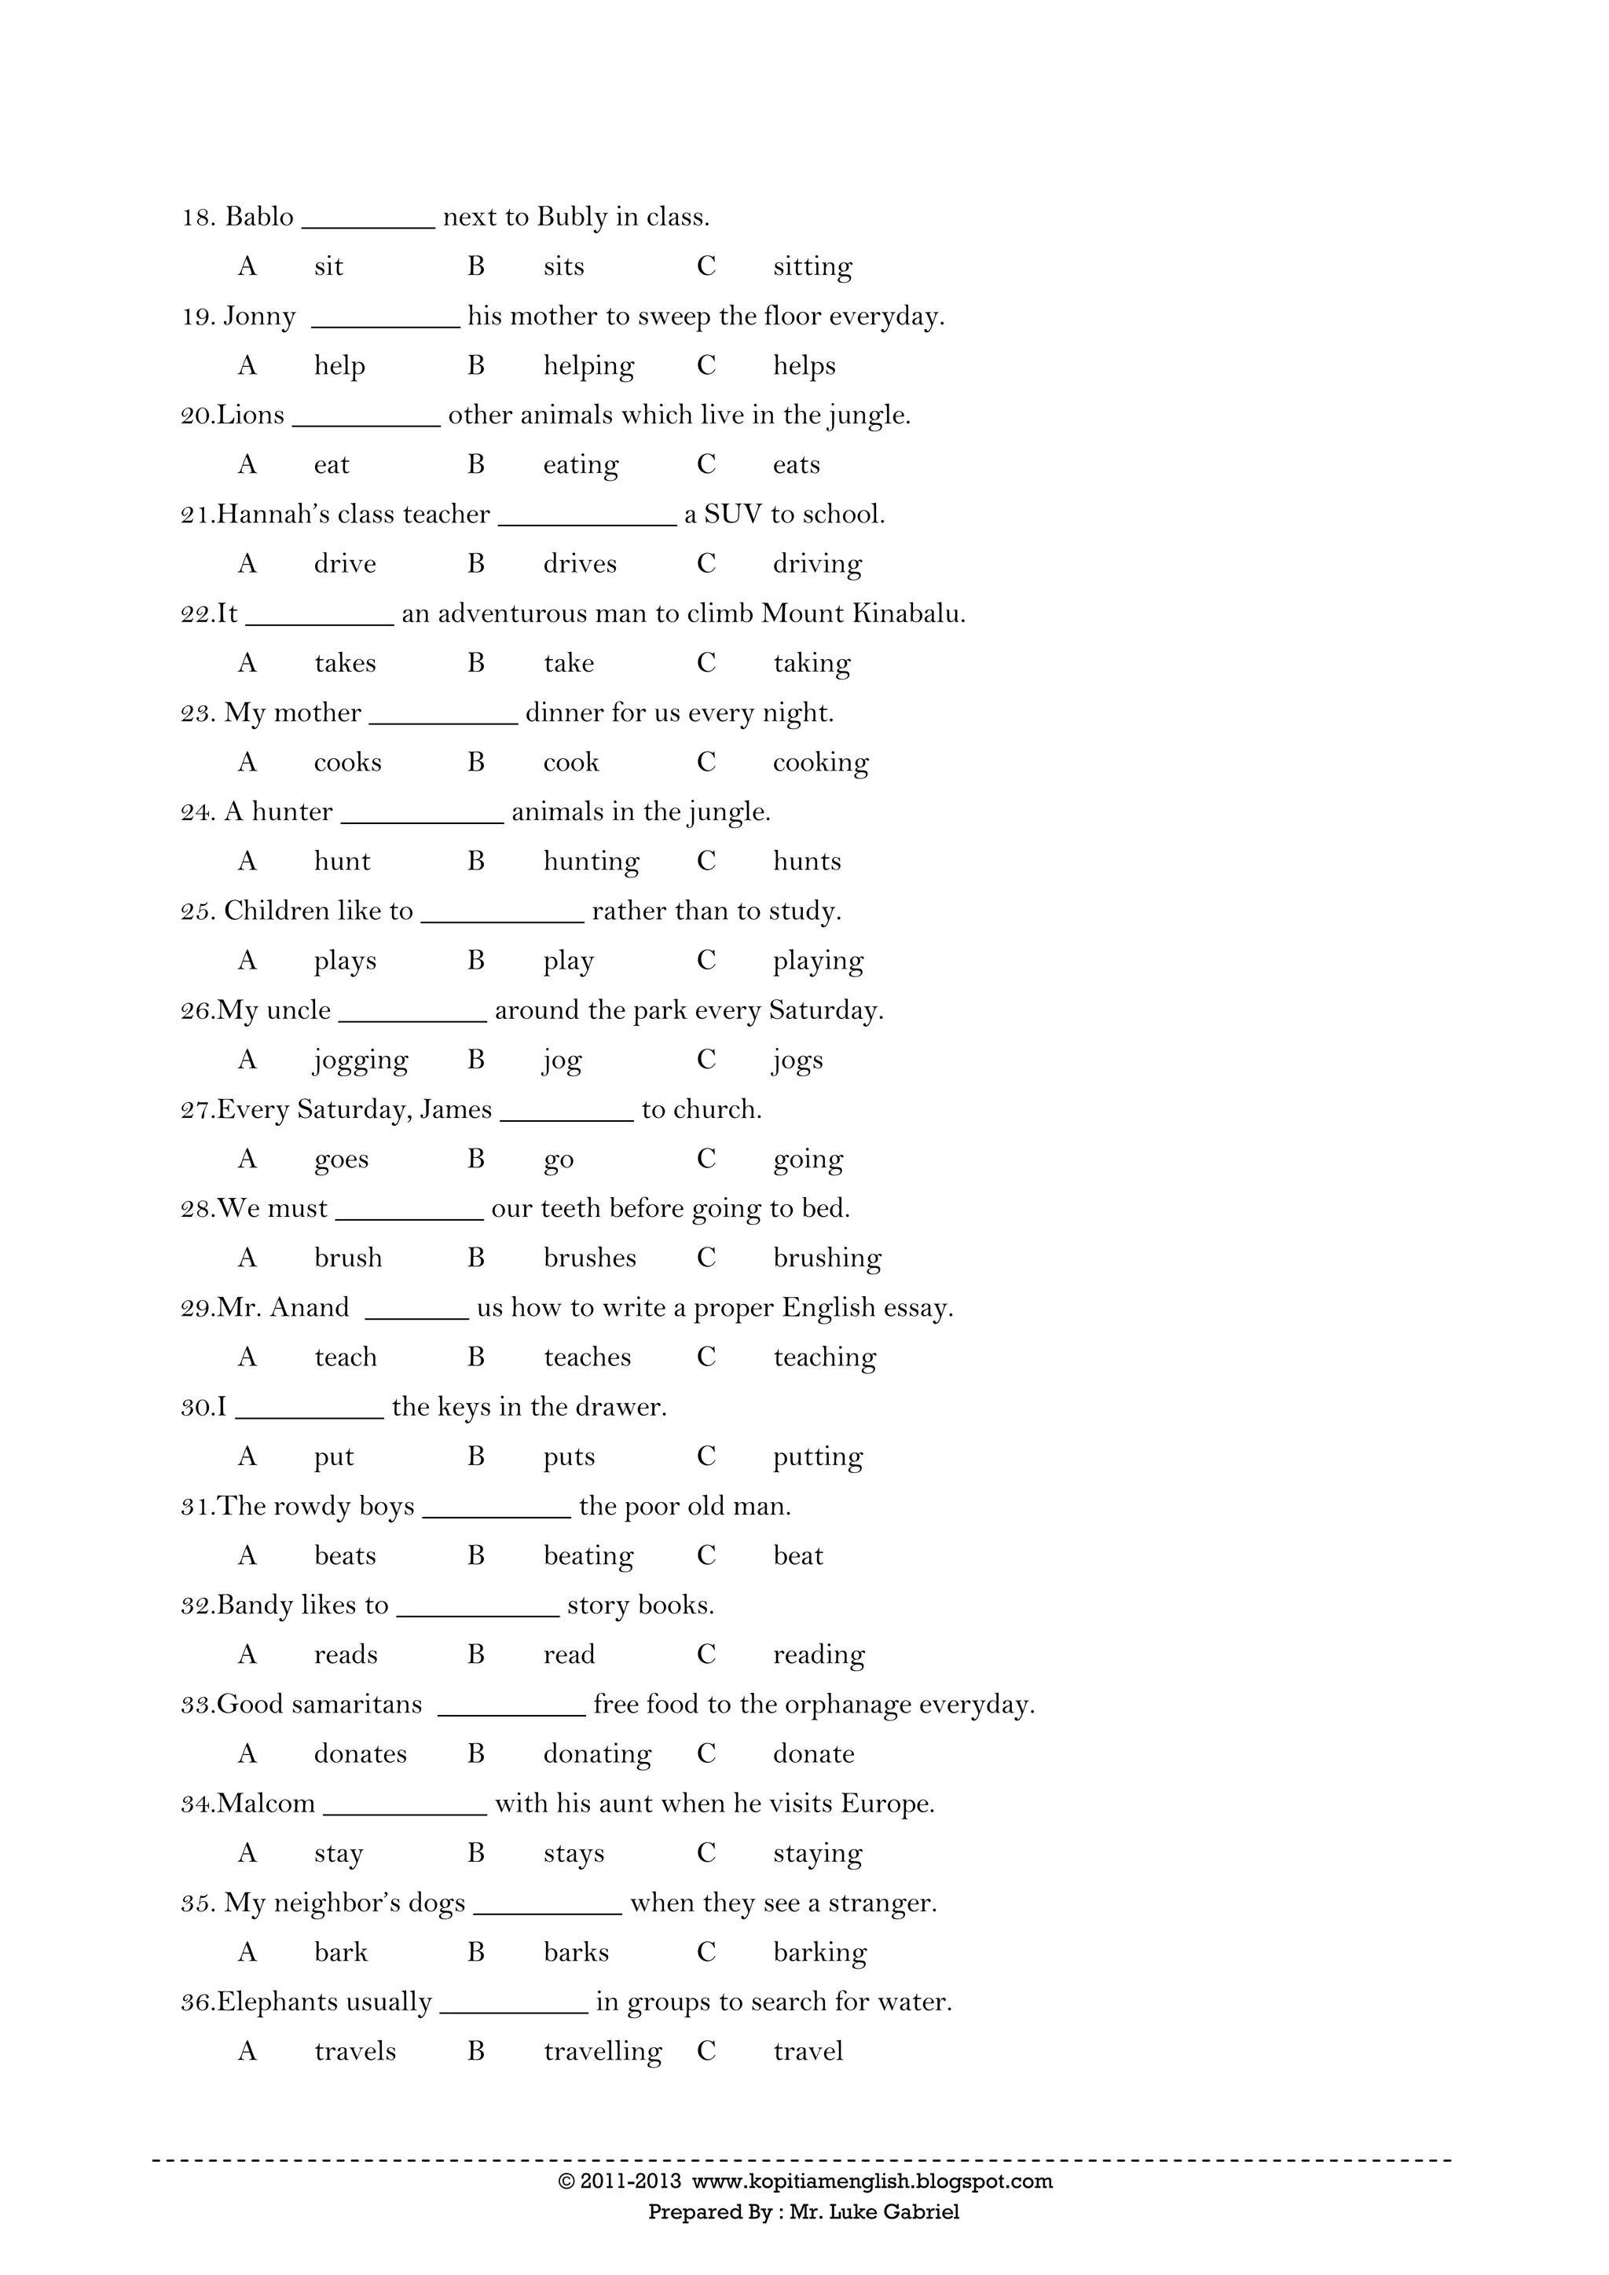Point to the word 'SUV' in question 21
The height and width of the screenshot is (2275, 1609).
pos(733,515)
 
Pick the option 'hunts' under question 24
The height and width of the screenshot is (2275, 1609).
pos(807,861)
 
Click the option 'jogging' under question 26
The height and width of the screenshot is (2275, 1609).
pos(361,1061)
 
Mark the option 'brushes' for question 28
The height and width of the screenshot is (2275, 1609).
pos(589,1258)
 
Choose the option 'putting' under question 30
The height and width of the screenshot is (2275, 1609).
pos(817,1456)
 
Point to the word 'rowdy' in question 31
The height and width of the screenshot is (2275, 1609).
pos(311,1506)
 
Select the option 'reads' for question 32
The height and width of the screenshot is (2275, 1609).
pos(346,1654)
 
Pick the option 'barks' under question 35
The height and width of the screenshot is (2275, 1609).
pos(576,1952)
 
